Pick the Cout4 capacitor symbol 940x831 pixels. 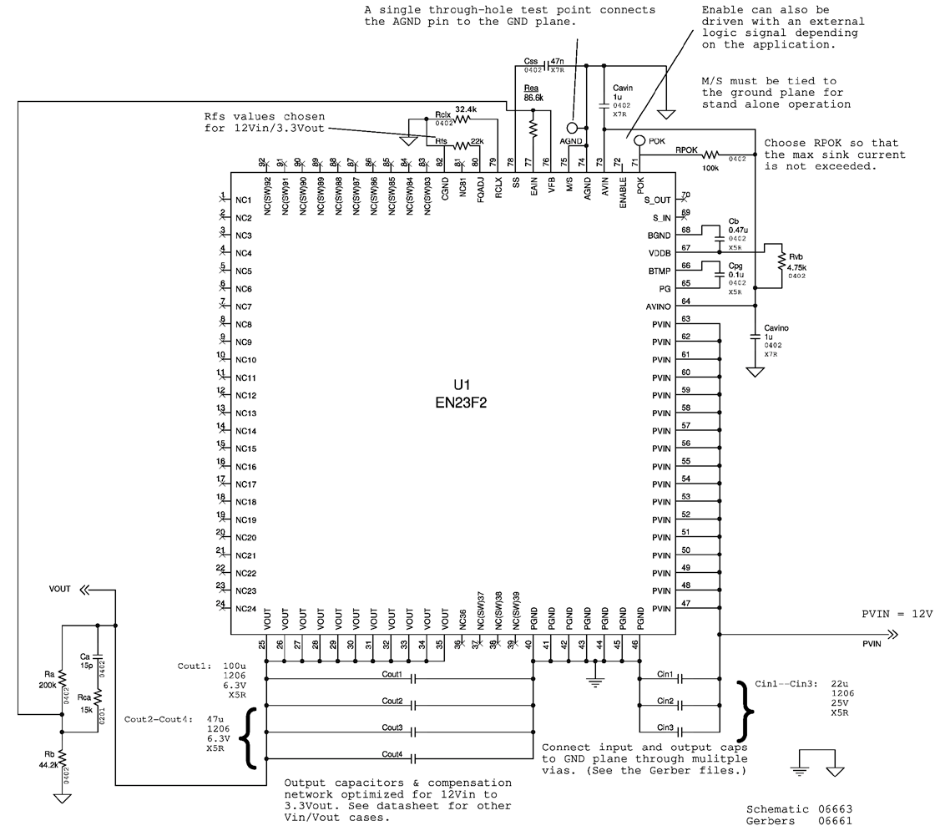click(x=415, y=760)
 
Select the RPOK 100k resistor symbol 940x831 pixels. click(x=710, y=155)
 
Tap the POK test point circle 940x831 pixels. click(x=639, y=140)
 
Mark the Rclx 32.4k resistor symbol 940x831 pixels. click(x=460, y=119)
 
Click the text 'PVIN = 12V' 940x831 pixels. click(x=897, y=613)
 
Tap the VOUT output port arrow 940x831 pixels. click(x=86, y=589)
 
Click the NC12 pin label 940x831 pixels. click(x=245, y=396)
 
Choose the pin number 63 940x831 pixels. click(x=685, y=319)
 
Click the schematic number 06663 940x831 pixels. click(x=835, y=809)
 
